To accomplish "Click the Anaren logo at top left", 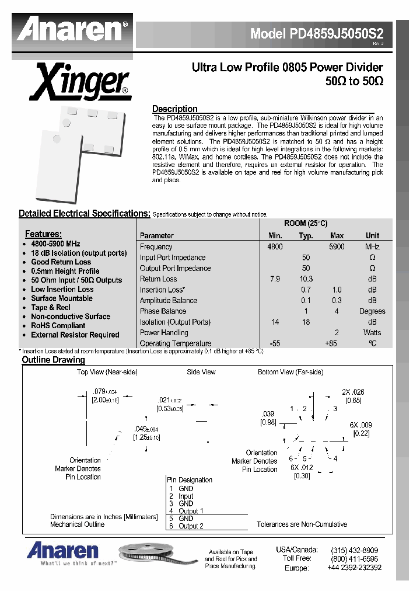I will pos(72,29).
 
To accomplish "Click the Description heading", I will pos(174,109).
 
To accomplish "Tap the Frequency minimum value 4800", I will pos(275,247).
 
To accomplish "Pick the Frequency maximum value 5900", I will pos(337,247).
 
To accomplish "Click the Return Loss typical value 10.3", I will pos(306,279).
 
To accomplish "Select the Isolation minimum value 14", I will pos(275,322).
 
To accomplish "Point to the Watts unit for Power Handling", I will pos(372,333).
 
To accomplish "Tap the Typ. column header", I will pos(306,236).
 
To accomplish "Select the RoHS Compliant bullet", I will pos(58,326).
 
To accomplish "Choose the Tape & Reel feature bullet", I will pos(51,307).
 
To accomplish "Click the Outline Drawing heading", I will pos(53,360).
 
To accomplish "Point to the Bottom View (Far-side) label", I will pos(290,372).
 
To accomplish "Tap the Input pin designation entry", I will pos(185,496).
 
